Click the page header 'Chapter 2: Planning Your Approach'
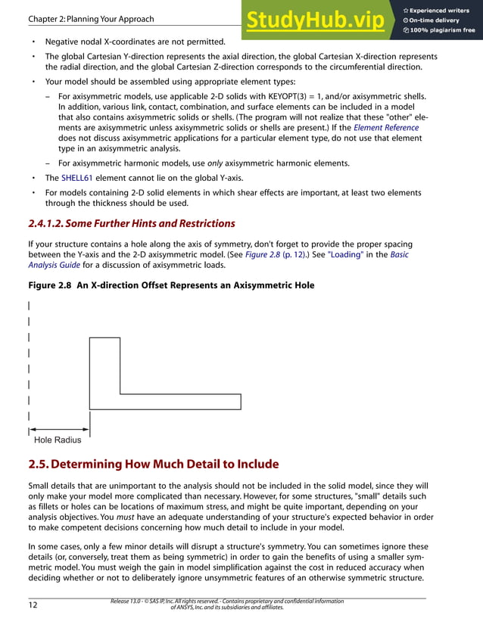tap(90, 19)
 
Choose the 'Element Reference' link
tap(386, 128)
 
